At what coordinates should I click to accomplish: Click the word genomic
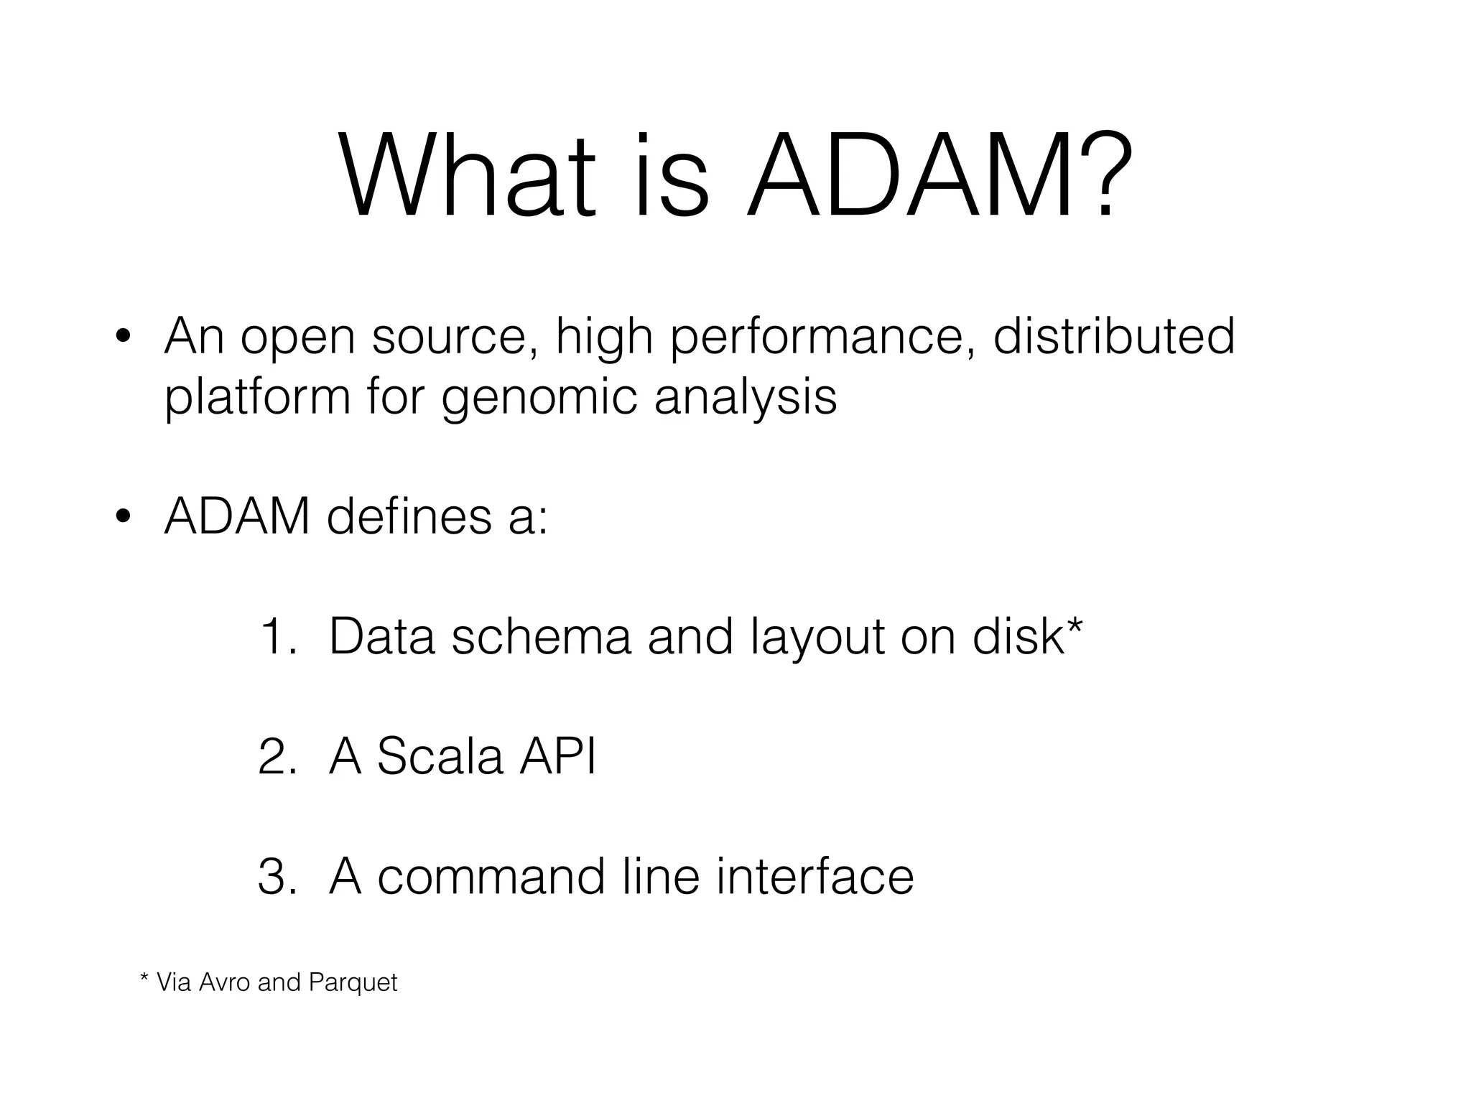pyautogui.click(x=539, y=397)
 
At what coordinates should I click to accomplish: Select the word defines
pyautogui.click(x=409, y=516)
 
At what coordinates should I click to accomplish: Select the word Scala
pyautogui.click(x=440, y=757)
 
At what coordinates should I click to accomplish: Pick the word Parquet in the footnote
pyautogui.click(x=353, y=982)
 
